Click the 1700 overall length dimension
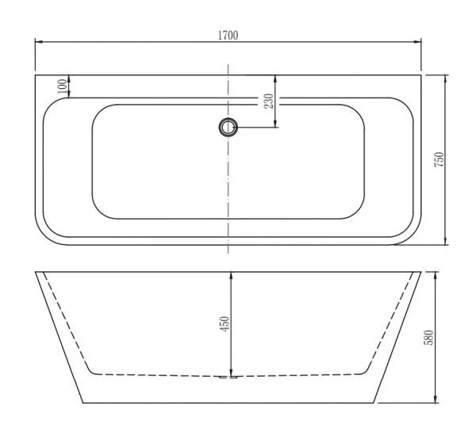point(227,35)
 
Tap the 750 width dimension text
point(438,159)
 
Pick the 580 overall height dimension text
point(429,337)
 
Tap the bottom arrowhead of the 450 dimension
point(230,373)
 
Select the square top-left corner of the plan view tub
point(36,75)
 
